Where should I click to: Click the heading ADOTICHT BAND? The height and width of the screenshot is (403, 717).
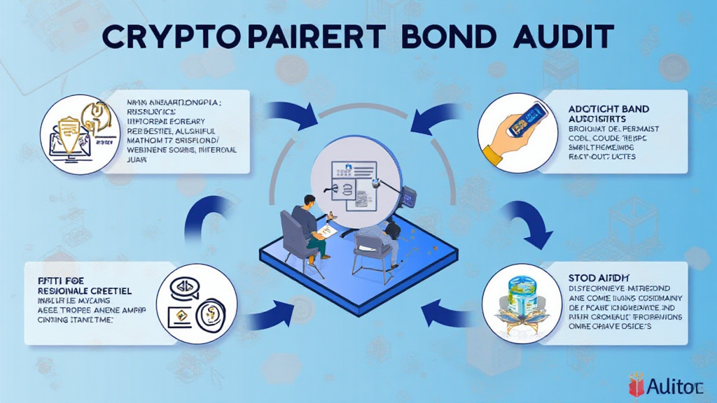(608, 110)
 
